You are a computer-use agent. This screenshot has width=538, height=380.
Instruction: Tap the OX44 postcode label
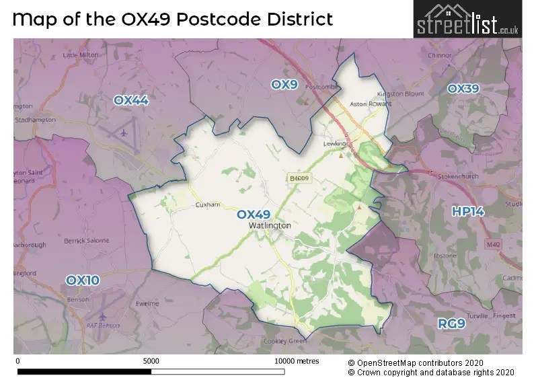tap(130, 100)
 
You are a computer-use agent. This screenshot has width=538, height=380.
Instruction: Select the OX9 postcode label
tap(284, 84)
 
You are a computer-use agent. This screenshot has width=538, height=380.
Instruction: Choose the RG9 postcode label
tap(451, 324)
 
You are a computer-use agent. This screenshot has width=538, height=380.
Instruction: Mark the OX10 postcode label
tap(82, 279)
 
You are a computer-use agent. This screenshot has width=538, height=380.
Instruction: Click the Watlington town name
tap(269, 226)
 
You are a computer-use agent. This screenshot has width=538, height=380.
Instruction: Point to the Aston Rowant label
tap(371, 104)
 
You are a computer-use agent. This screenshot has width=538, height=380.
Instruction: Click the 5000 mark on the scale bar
tap(151, 361)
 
